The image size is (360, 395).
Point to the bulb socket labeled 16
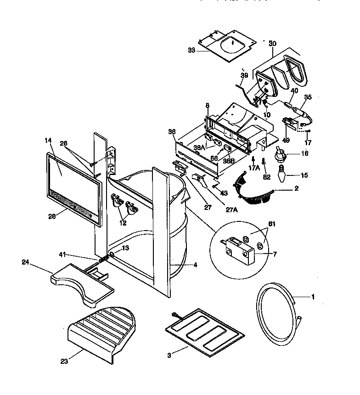(281, 154)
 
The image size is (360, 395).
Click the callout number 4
(196, 265)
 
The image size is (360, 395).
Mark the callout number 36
(172, 131)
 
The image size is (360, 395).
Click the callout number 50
(272, 43)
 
